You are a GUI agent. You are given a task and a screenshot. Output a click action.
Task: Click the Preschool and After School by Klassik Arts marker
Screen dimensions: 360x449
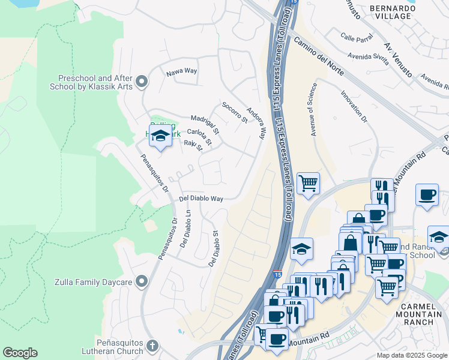coord(142,81)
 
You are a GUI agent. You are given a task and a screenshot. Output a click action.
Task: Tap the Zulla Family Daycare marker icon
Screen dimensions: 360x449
coord(142,280)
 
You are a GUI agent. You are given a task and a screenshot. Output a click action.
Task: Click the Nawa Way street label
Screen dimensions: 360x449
coord(182,71)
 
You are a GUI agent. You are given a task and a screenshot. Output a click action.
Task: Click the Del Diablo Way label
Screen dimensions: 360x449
coord(201,199)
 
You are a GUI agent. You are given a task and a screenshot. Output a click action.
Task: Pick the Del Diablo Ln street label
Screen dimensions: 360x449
coord(185,229)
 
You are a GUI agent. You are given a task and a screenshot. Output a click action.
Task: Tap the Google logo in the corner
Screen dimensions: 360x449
coord(20,352)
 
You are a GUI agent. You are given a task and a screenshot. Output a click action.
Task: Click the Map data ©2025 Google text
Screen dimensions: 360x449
coord(412,355)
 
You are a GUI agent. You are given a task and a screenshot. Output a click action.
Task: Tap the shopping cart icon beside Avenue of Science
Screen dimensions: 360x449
coord(308,183)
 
